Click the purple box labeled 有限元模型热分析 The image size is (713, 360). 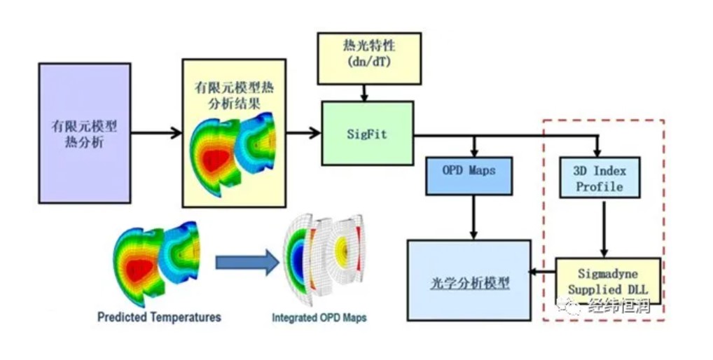[x=85, y=133]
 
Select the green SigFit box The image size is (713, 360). [x=368, y=133]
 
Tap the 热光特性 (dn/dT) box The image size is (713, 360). [x=369, y=59]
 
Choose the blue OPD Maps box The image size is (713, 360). [x=469, y=176]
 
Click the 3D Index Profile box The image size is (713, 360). [x=600, y=178]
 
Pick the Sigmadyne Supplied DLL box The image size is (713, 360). [x=608, y=282]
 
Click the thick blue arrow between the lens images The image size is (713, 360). [x=247, y=262]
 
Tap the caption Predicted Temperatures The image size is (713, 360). [x=159, y=317]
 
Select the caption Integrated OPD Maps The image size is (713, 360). [x=319, y=317]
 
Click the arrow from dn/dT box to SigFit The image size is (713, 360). [x=364, y=92]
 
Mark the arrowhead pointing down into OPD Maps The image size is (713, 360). [x=474, y=153]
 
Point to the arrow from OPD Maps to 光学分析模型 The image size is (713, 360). [x=473, y=218]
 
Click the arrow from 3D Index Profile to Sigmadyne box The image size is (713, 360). [x=604, y=228]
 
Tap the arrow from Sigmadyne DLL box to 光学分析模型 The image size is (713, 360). [x=543, y=272]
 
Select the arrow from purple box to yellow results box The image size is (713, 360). [x=157, y=133]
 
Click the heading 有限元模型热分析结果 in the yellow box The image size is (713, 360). [x=234, y=95]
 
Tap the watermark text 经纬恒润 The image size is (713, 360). [x=619, y=305]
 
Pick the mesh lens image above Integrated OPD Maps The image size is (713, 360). [x=324, y=260]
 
